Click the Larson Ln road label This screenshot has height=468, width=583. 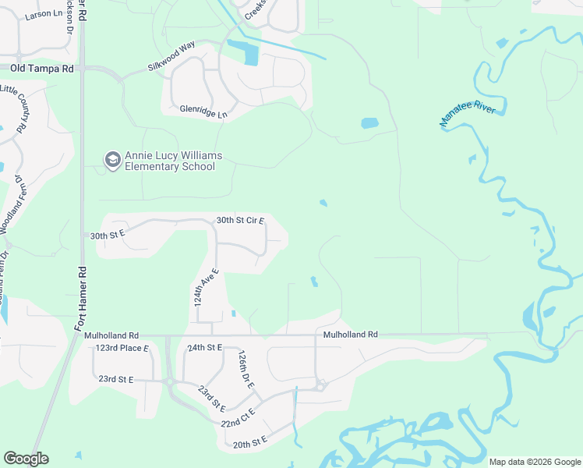[x=43, y=14]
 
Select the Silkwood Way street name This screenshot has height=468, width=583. [x=171, y=58]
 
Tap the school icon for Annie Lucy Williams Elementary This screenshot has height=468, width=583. [x=112, y=161]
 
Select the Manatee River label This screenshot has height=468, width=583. [x=468, y=115]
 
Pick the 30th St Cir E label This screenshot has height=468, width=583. [x=240, y=220]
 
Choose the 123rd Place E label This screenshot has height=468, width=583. [x=122, y=348]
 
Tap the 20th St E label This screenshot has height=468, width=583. [x=249, y=442]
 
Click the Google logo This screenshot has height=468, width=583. [x=26, y=459]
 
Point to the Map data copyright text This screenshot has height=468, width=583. [x=535, y=462]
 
